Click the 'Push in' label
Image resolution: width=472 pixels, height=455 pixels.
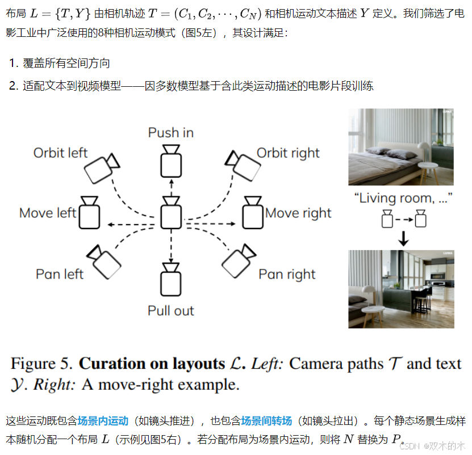pos(170,133)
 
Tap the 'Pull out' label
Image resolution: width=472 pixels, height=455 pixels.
pos(170,311)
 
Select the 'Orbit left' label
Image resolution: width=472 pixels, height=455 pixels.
pos(60,153)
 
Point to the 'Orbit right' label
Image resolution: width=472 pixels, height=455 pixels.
pos(288,153)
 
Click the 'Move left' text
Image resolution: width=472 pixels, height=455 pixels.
pos(48,213)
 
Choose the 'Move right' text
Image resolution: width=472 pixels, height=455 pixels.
pos(298,213)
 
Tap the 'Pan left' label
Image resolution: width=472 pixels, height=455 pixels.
pos(59,275)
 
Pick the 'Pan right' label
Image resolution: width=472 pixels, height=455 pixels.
pos(287,275)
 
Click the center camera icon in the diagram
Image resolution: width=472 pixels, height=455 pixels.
pos(170,213)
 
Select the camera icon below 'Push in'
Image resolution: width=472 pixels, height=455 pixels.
pos(170,161)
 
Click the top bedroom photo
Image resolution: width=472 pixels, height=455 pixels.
pos(401,147)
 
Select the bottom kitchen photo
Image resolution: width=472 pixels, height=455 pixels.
pos(401,289)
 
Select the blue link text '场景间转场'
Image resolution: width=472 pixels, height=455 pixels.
pos(266,421)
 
